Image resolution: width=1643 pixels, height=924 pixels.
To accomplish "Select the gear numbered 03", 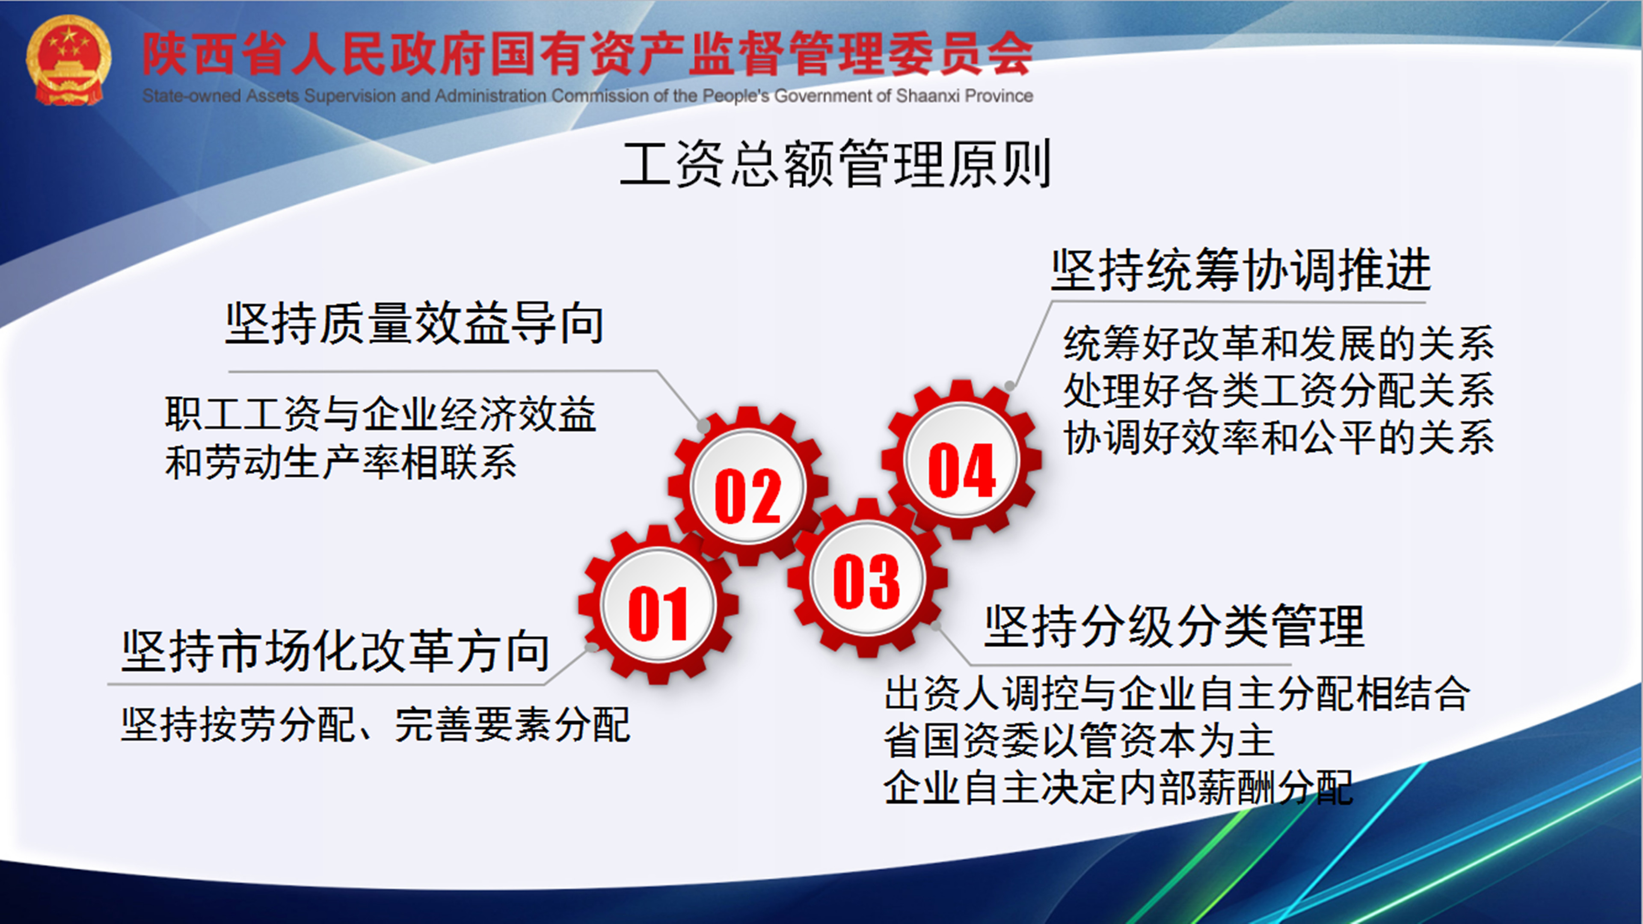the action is (x=867, y=578).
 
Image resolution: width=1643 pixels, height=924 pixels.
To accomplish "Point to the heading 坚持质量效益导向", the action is (x=415, y=323).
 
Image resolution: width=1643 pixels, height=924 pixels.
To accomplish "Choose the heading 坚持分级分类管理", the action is (x=1174, y=626).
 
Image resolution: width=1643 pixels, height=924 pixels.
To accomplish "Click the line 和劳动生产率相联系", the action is (x=341, y=462).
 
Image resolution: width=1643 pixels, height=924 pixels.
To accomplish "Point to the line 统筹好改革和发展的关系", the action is (x=1278, y=343).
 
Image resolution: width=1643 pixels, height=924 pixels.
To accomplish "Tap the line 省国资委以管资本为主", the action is (x=1079, y=740).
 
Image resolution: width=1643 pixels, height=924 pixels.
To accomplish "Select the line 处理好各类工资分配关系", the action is (x=1278, y=390).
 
